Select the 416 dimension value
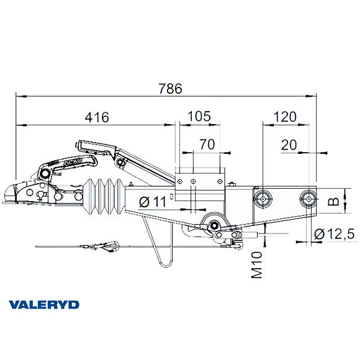[96, 117]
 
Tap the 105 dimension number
[198, 116]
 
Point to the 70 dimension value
[207, 145]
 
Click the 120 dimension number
[284, 117]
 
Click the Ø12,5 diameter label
[333, 234]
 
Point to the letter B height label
[333, 201]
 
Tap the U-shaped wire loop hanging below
[163, 254]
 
